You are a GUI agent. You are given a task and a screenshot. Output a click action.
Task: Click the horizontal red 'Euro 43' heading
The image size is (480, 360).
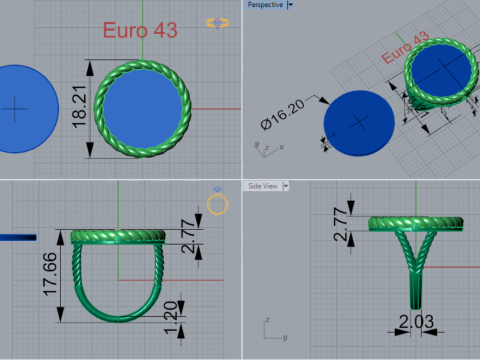(x=140, y=30)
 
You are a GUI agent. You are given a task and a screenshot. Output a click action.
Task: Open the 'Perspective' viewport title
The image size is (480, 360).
(x=264, y=5)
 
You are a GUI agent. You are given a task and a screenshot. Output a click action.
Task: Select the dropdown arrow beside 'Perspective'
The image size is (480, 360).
(x=289, y=5)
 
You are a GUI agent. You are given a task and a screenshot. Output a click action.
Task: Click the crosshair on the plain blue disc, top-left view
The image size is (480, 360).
(x=15, y=107)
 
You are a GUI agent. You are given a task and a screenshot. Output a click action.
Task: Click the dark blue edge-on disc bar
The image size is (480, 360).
(x=17, y=237)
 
